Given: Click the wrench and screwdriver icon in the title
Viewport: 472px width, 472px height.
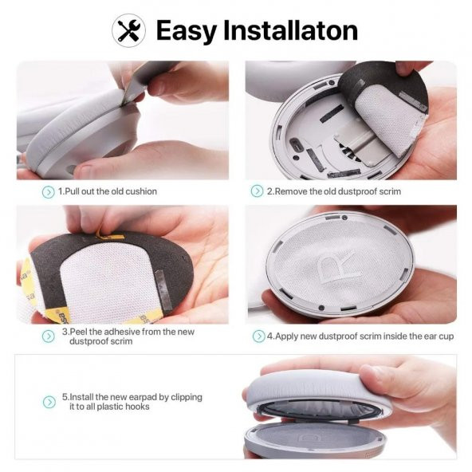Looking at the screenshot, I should pyautogui.click(x=128, y=30).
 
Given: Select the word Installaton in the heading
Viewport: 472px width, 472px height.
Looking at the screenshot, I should pyautogui.click(x=294, y=30).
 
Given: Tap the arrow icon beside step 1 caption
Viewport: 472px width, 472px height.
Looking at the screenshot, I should pyautogui.click(x=48, y=191).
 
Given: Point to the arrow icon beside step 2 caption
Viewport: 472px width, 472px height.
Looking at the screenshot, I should pyautogui.click(x=257, y=191).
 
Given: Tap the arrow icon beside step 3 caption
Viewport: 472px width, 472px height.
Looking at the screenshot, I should pyautogui.click(x=48, y=336).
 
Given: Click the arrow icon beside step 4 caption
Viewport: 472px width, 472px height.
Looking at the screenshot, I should pyautogui.click(x=258, y=336).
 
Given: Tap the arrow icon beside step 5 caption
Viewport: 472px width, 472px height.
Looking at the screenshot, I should pyautogui.click(x=48, y=402).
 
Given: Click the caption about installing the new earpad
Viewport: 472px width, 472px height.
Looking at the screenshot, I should pyautogui.click(x=132, y=402).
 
